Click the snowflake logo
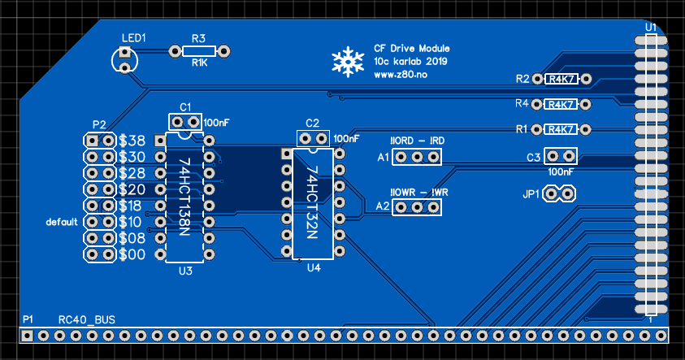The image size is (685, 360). pyautogui.click(x=348, y=63)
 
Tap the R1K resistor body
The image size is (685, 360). pyautogui.click(x=199, y=51)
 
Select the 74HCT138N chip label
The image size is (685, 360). pyautogui.click(x=184, y=197)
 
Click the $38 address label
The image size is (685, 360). pyautogui.click(x=132, y=141)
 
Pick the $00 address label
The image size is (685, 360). pyautogui.click(x=132, y=254)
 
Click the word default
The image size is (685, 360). pyautogui.click(x=62, y=222)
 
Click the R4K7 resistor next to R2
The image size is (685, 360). pyautogui.click(x=562, y=80)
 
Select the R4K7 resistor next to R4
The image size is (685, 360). pyautogui.click(x=562, y=104)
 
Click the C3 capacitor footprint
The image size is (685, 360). pyautogui.click(x=561, y=156)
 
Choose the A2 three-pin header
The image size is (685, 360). pyautogui.click(x=417, y=206)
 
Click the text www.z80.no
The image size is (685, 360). pyautogui.click(x=401, y=74)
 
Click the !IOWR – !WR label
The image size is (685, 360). pyautogui.click(x=419, y=192)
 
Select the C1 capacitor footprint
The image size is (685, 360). pyautogui.click(x=185, y=122)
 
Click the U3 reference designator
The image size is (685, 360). pyautogui.click(x=184, y=271)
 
